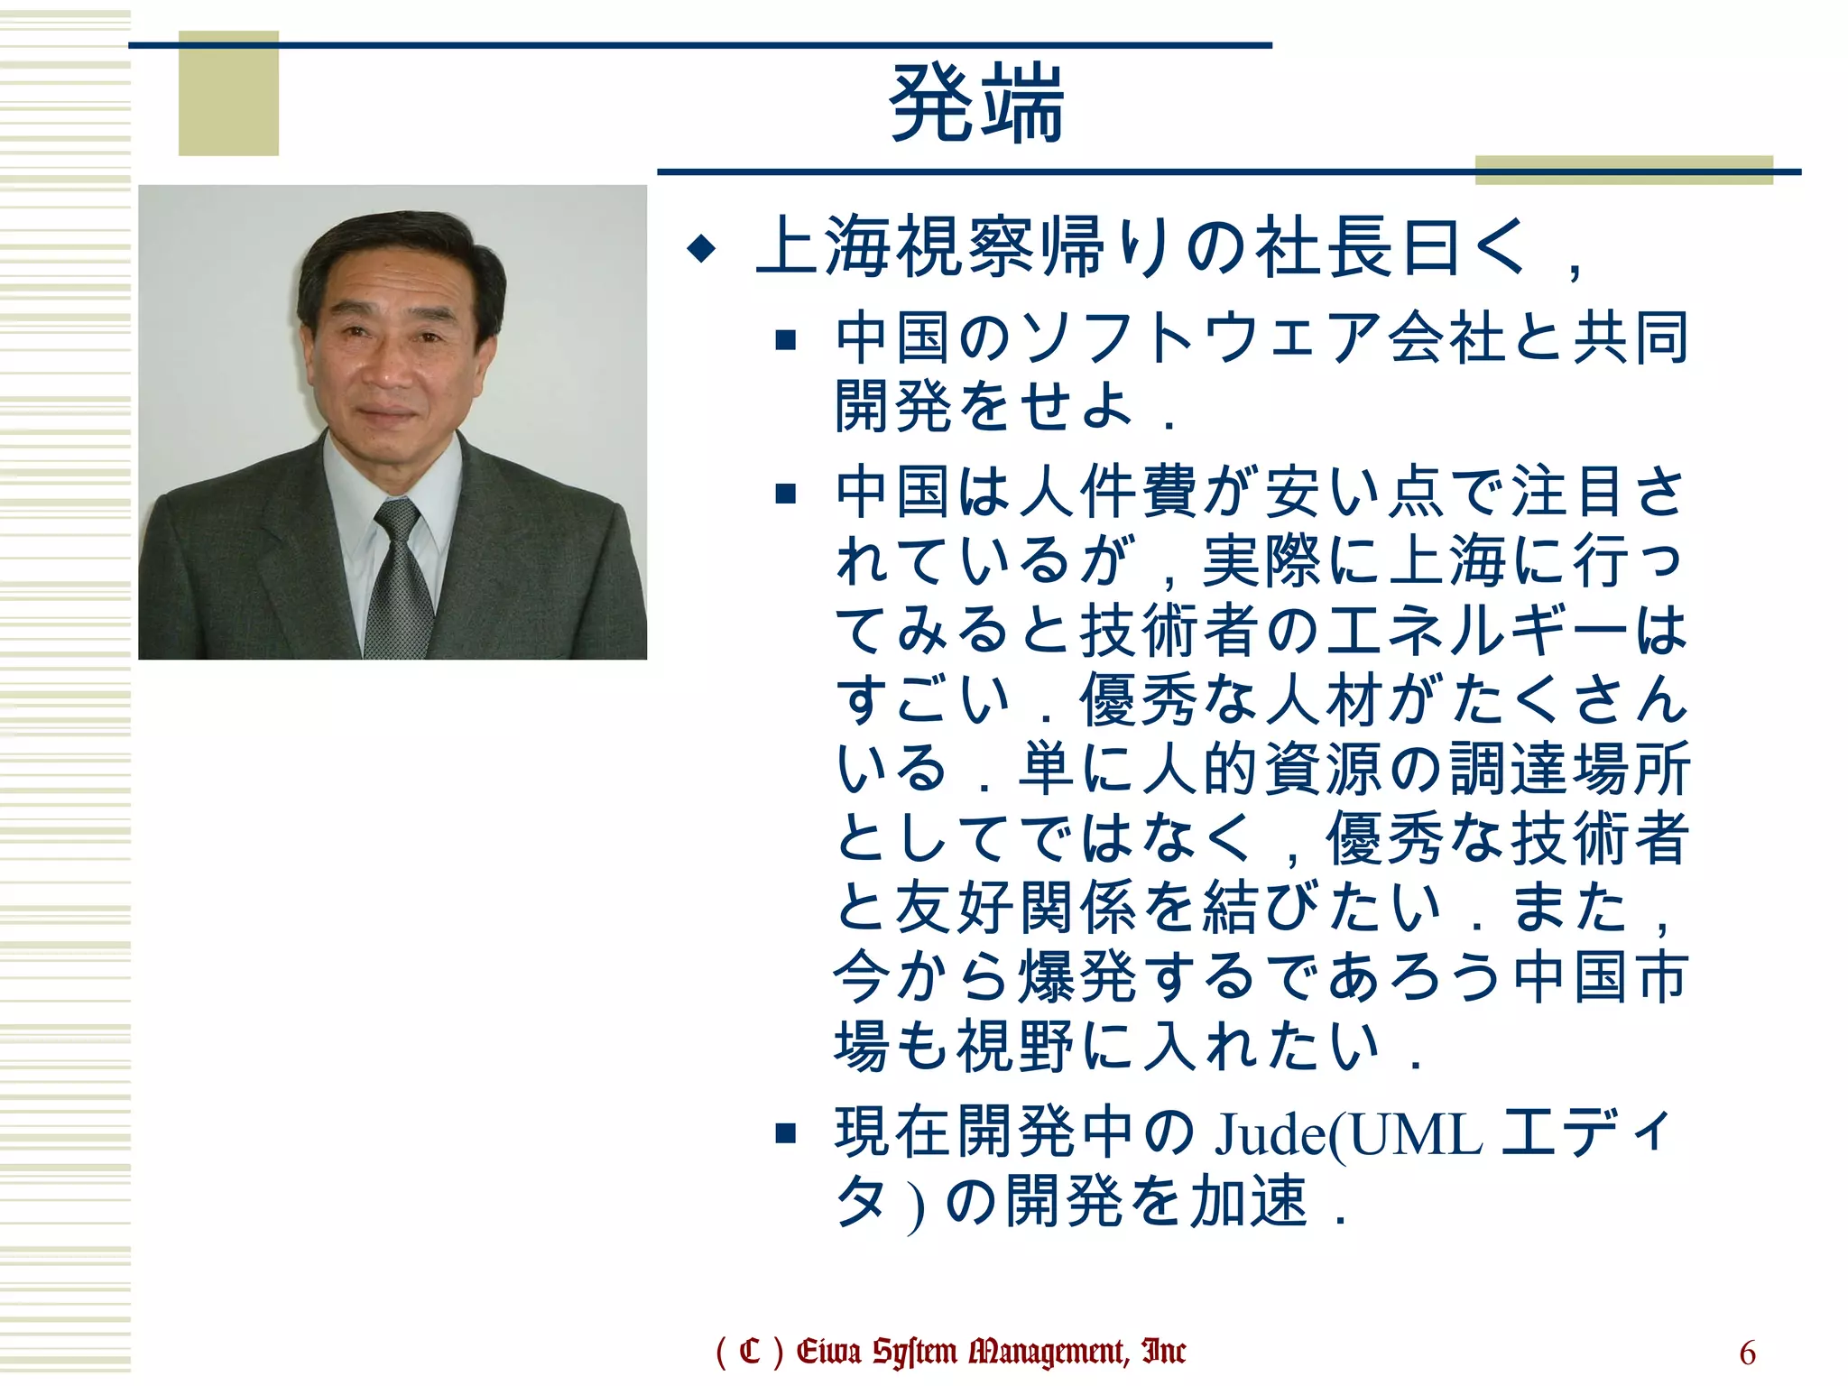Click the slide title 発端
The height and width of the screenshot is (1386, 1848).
click(976, 104)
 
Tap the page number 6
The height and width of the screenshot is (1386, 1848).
click(1747, 1353)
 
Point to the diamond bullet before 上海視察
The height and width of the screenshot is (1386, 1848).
click(701, 247)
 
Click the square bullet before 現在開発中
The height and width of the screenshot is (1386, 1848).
click(786, 1132)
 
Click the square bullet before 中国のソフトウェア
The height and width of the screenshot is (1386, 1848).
click(786, 339)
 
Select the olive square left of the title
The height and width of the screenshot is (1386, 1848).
click(228, 93)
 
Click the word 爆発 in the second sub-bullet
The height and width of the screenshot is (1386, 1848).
click(1077, 977)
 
